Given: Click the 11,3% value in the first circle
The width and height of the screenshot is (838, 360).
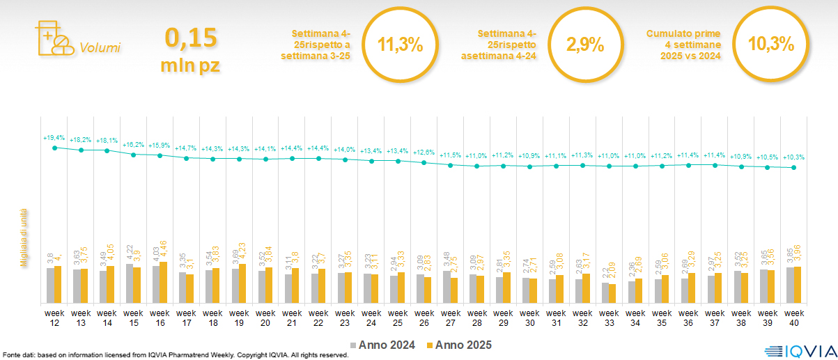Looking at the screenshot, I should [400, 45].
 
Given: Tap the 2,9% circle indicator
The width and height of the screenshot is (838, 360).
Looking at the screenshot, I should [584, 45].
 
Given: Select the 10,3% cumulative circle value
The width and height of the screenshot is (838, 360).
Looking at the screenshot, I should [770, 45].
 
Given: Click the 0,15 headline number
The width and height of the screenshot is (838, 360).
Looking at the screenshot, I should [191, 38].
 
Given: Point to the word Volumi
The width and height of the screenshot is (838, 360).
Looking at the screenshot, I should [100, 48].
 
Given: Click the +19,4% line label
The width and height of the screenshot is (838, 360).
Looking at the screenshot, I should [54, 139].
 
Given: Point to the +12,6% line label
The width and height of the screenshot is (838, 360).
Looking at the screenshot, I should [424, 152].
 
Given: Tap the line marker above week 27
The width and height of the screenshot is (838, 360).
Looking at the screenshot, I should [451, 166].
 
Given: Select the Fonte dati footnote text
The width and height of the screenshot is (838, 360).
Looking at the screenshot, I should [174, 355].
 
